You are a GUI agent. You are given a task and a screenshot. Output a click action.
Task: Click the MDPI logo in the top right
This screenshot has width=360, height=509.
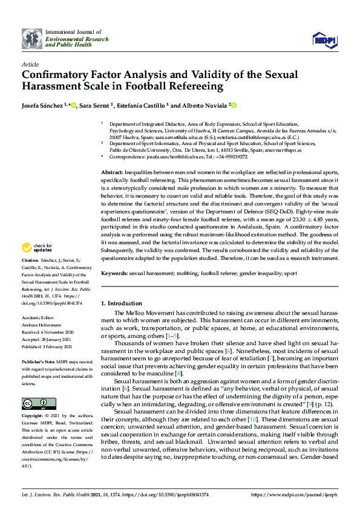325,40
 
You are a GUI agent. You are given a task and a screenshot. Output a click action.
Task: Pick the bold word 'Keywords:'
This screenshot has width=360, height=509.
114,274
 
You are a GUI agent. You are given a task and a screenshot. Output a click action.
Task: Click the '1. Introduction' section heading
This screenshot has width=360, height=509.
121,302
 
